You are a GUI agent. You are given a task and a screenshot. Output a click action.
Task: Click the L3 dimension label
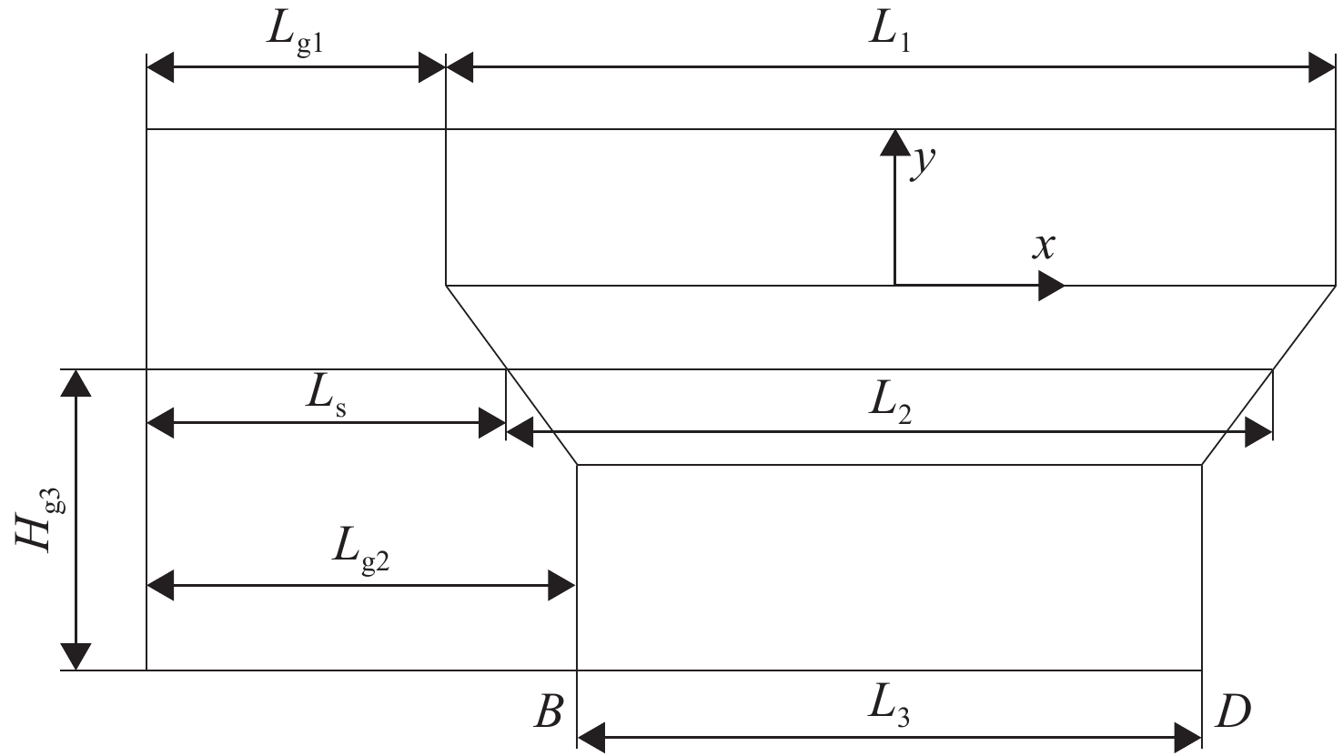(890, 708)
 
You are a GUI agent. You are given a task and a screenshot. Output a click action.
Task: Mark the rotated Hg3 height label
(40, 519)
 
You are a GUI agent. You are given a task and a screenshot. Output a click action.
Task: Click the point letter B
(549, 711)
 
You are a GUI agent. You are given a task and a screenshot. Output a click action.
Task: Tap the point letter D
(1233, 711)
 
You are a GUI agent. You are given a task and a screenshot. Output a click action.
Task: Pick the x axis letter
(1044, 246)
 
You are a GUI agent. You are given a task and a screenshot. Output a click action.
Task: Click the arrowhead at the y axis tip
(895, 143)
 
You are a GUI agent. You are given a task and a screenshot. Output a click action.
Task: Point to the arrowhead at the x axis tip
(1052, 286)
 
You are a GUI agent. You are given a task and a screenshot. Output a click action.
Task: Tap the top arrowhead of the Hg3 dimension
(76, 383)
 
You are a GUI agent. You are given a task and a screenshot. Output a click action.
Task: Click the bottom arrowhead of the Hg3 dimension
(76, 656)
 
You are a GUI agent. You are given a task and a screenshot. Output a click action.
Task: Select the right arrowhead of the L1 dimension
(1322, 67)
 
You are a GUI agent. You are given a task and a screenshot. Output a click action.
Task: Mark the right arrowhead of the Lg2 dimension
(561, 585)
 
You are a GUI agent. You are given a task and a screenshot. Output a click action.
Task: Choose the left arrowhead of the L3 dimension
(591, 738)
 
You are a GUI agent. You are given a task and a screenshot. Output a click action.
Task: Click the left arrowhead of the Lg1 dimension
(161, 67)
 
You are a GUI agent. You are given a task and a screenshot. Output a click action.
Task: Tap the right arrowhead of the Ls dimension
(492, 423)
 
